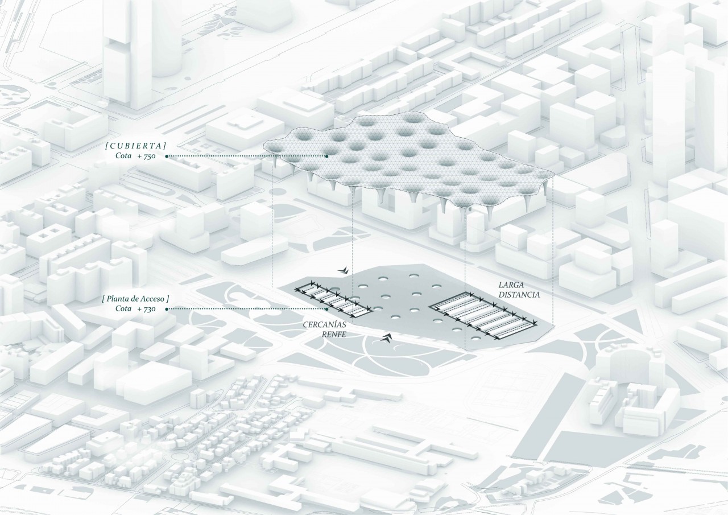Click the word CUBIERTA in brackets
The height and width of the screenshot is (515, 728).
coord(135,145)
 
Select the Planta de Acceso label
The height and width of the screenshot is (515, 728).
coord(135,298)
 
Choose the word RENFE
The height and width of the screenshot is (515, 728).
coord(334,336)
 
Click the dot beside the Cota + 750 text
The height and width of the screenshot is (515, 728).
coord(167,155)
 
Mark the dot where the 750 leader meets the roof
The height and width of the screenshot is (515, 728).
coord(326,155)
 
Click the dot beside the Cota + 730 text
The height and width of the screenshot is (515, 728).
coord(167,309)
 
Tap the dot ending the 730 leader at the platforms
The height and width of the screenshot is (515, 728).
coord(327,309)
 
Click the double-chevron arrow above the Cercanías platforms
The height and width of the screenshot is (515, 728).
coord(342,269)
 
